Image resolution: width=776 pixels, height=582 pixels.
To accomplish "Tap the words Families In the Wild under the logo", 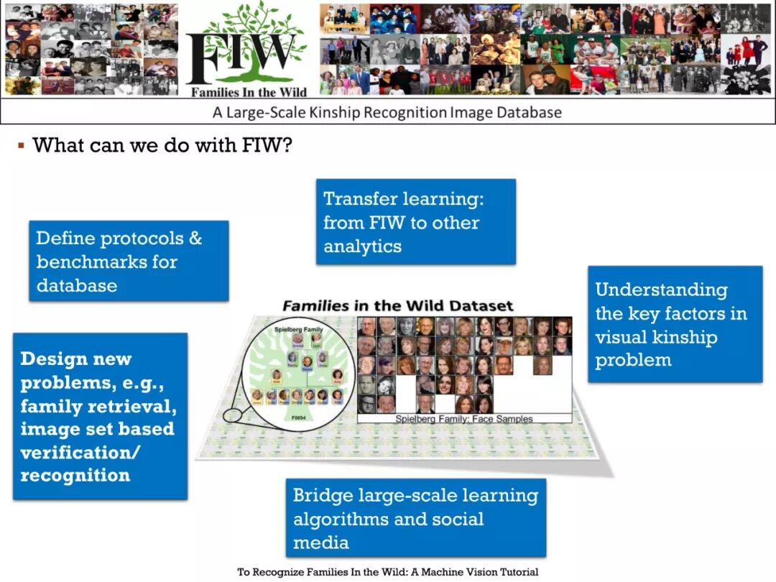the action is (249, 92).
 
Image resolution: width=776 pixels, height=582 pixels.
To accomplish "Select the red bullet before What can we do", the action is (22, 146).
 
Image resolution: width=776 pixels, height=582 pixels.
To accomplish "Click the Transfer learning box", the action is (415, 222).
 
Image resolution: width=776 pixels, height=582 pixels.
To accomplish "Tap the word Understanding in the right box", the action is (661, 290).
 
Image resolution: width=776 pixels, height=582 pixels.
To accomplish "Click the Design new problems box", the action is (100, 416).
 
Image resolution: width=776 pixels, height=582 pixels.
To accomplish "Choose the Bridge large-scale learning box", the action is (415, 518).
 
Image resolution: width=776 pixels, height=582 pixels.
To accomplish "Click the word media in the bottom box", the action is (321, 542).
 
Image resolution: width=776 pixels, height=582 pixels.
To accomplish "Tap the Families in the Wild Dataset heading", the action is (397, 305).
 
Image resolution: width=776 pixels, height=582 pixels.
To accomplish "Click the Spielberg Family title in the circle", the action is (299, 329).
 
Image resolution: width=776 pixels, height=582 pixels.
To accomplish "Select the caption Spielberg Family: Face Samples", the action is (464, 418).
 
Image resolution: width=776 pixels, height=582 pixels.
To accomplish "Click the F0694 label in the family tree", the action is (296, 416).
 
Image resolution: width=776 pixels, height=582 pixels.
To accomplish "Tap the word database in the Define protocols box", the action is (76, 285).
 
